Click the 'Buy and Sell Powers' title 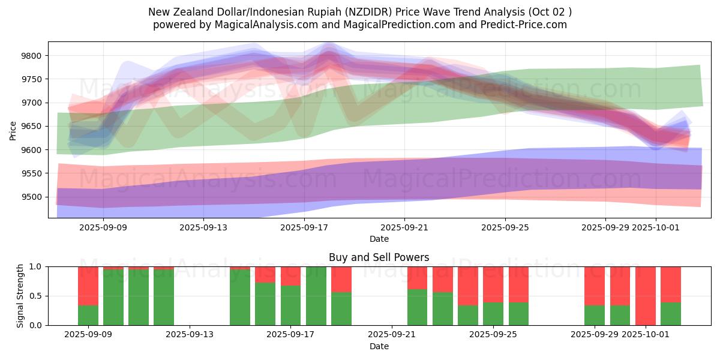(x=379, y=257)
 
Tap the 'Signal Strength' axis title (x=20, y=296)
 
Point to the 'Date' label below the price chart (x=379, y=239)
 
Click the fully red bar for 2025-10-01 (x=646, y=296)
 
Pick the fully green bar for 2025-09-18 (x=316, y=296)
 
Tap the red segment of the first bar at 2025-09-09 (x=88, y=286)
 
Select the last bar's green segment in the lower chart (x=671, y=314)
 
